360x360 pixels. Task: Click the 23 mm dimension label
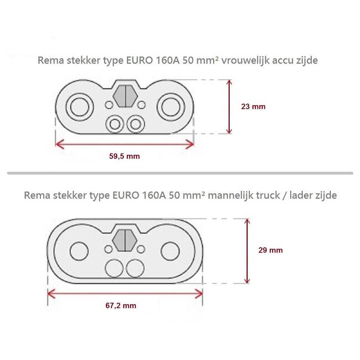[x=255, y=107]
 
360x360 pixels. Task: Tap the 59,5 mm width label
[x=125, y=156]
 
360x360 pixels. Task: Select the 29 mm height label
[x=270, y=250]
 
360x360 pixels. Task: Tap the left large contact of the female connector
[x=78, y=106]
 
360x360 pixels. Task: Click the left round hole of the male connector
[x=79, y=251]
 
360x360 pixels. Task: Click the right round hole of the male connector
[x=171, y=251]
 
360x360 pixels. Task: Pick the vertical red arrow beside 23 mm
[x=229, y=106]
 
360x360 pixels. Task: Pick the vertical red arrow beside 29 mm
[x=246, y=250]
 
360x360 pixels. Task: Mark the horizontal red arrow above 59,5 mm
[x=125, y=144]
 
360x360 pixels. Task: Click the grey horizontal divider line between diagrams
[x=180, y=173]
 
